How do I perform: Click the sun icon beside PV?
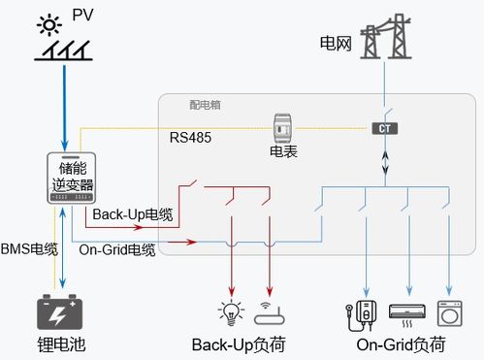point(46,22)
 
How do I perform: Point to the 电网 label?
point(334,43)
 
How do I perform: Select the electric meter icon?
point(282,127)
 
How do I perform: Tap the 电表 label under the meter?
point(282,152)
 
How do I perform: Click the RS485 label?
point(190,138)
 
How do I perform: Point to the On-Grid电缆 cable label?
point(117,249)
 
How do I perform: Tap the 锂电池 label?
point(60,344)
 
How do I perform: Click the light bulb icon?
point(230,312)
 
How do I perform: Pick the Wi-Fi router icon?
point(270,313)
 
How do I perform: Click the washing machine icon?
point(450,312)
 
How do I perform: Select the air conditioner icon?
point(406,312)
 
